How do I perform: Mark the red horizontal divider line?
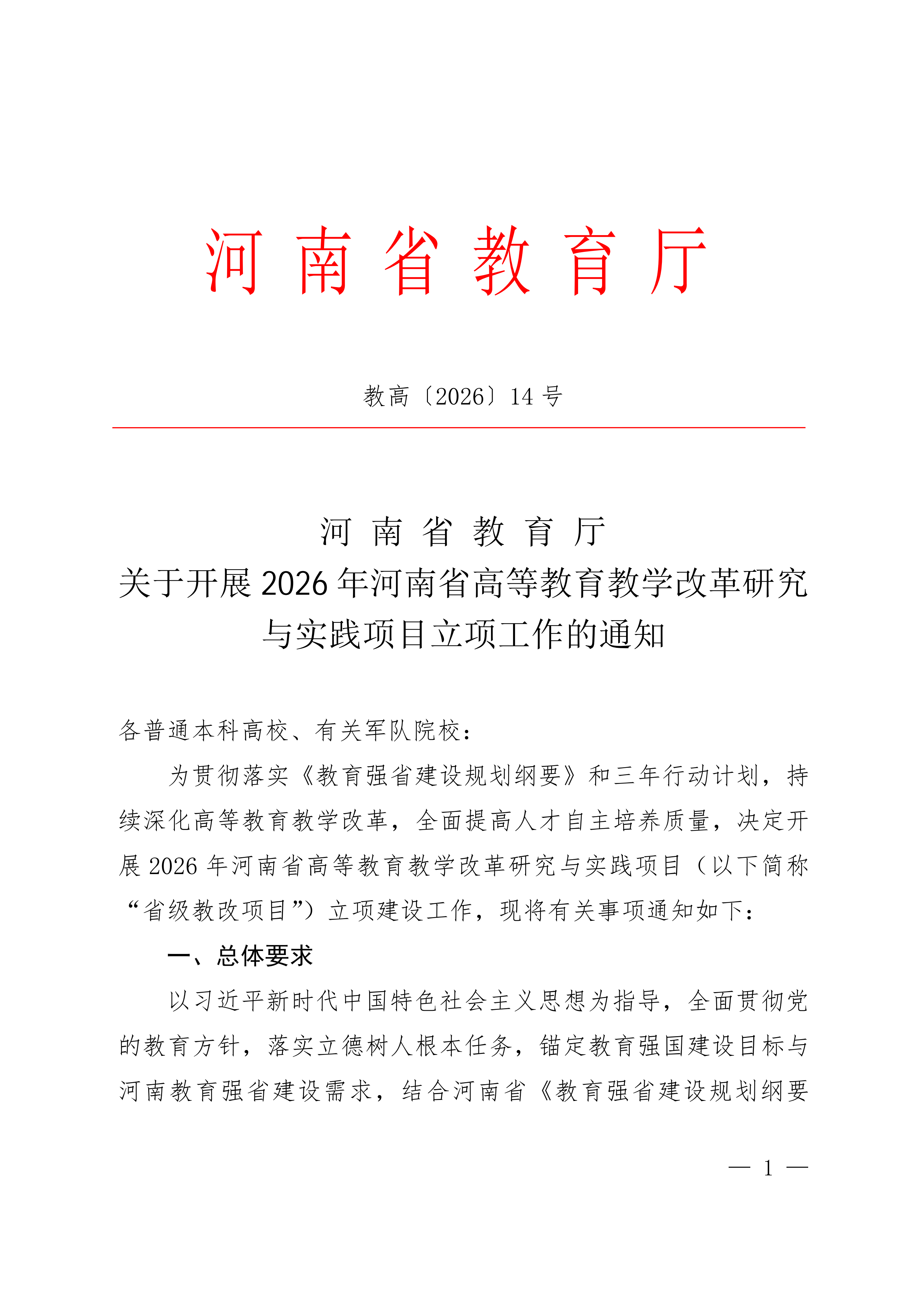(x=458, y=428)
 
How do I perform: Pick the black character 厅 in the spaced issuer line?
(x=589, y=532)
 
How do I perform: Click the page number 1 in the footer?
(x=768, y=1169)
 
